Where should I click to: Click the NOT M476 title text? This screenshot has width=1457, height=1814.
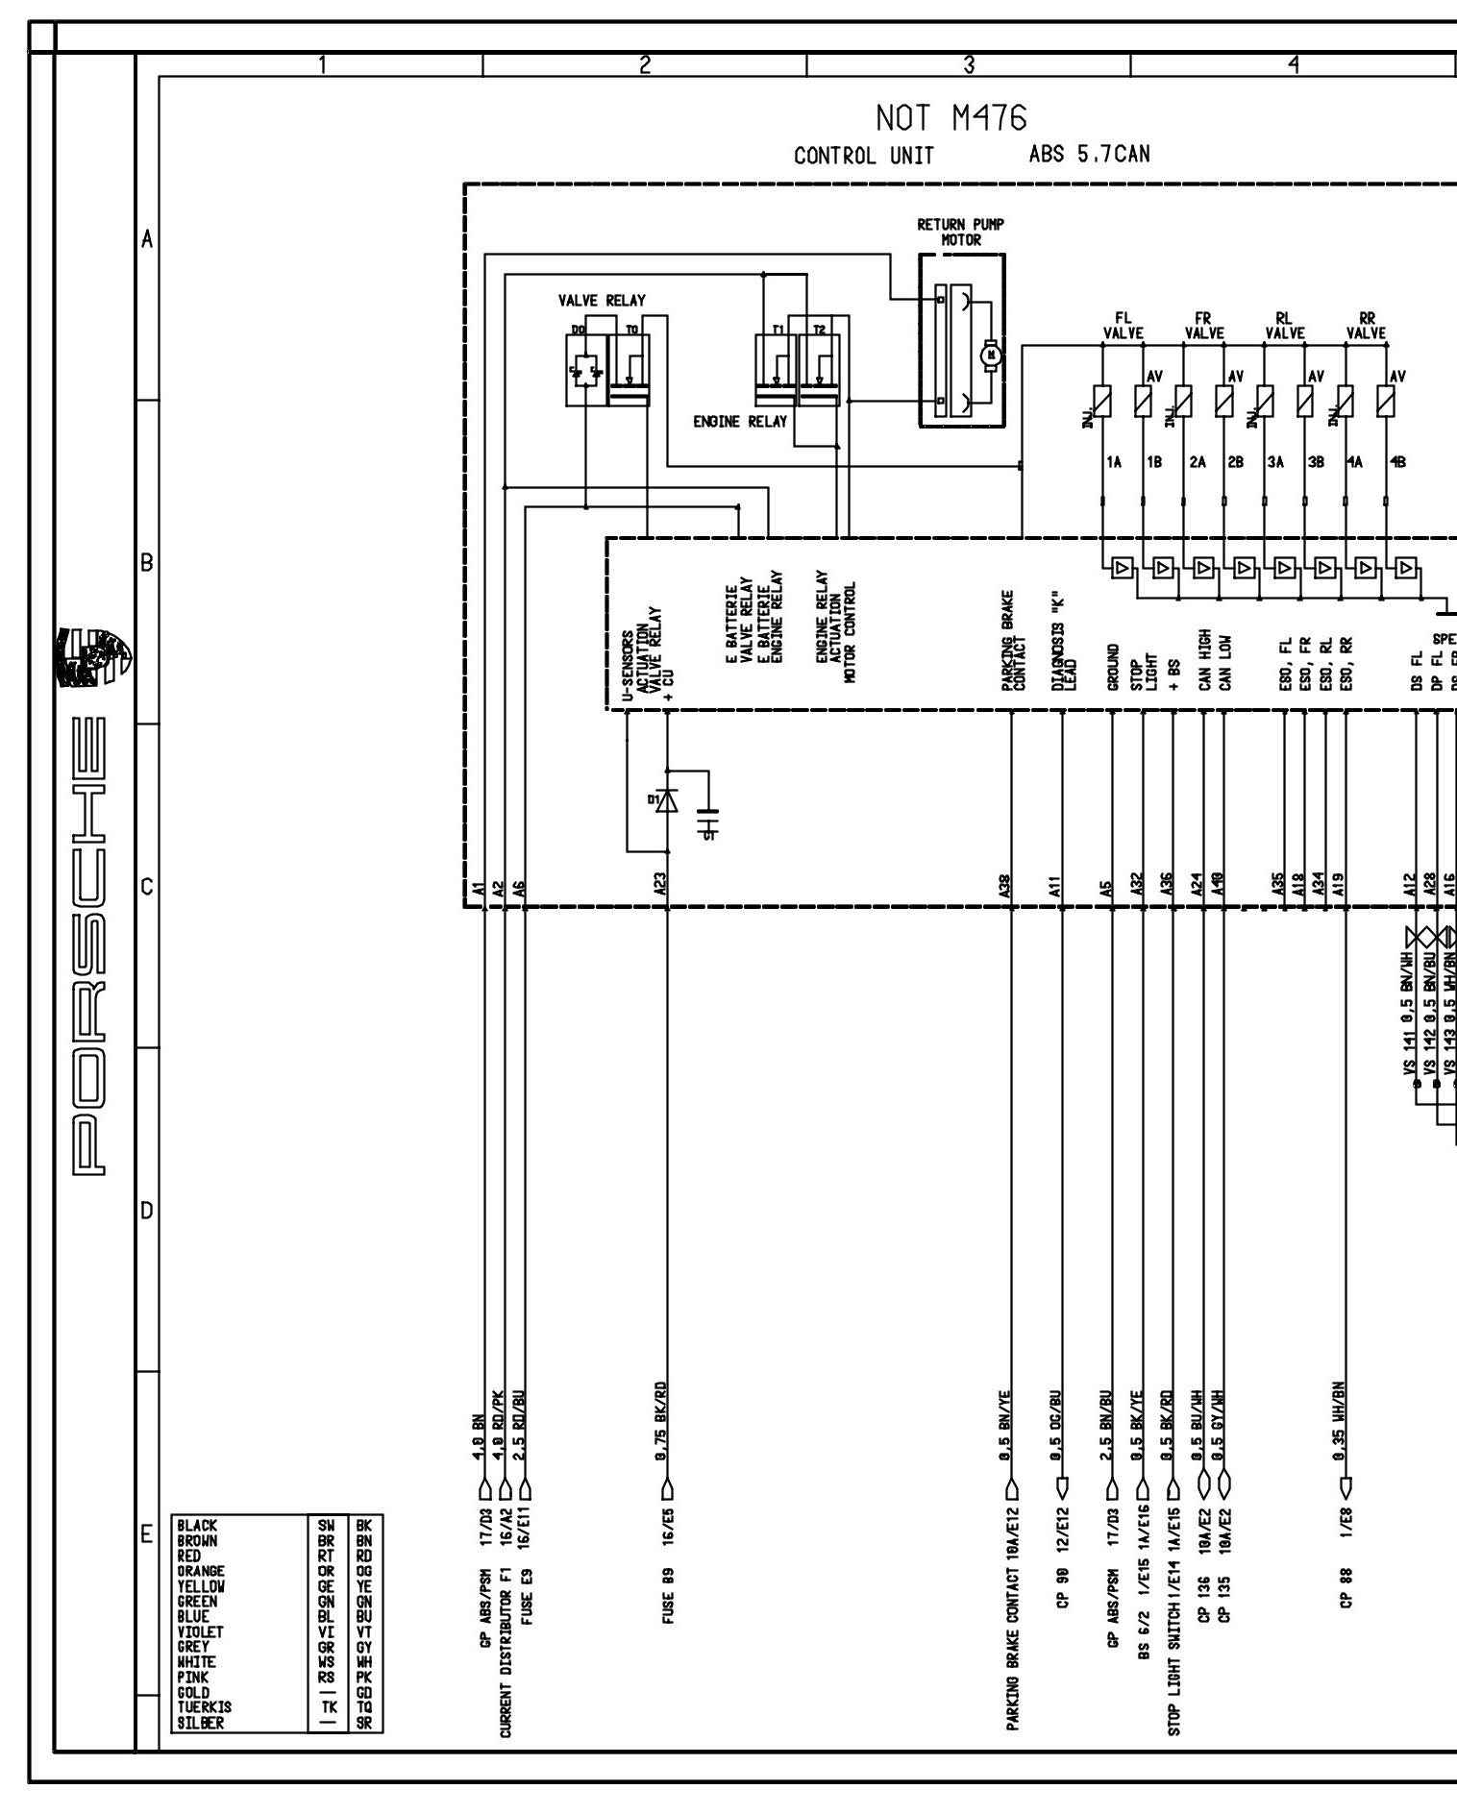coord(951,118)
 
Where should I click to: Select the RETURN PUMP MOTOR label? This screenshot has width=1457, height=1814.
coord(961,232)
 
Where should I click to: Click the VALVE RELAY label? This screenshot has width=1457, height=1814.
coord(602,301)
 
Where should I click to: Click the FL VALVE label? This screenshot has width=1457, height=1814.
coord(1123,326)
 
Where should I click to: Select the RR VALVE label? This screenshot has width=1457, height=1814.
coord(1366,326)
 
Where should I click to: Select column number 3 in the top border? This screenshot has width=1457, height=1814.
coord(969,64)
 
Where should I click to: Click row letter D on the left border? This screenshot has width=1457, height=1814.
coord(147,1211)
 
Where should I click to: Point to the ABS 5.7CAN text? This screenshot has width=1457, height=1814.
coord(1089,155)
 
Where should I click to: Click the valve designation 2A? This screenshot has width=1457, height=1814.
coord(1197,462)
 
